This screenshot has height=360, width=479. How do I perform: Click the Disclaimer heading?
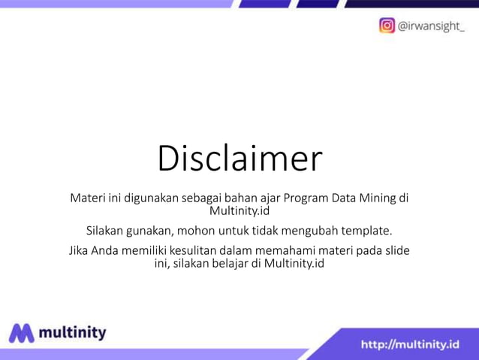[239, 159]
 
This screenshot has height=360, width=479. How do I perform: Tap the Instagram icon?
[387, 25]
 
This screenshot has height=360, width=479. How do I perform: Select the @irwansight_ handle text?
[430, 26]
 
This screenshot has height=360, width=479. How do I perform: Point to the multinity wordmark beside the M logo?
[72, 332]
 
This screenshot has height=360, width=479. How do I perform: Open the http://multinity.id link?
[410, 345]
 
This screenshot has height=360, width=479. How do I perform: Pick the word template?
[366, 230]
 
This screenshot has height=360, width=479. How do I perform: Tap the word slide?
[396, 250]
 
